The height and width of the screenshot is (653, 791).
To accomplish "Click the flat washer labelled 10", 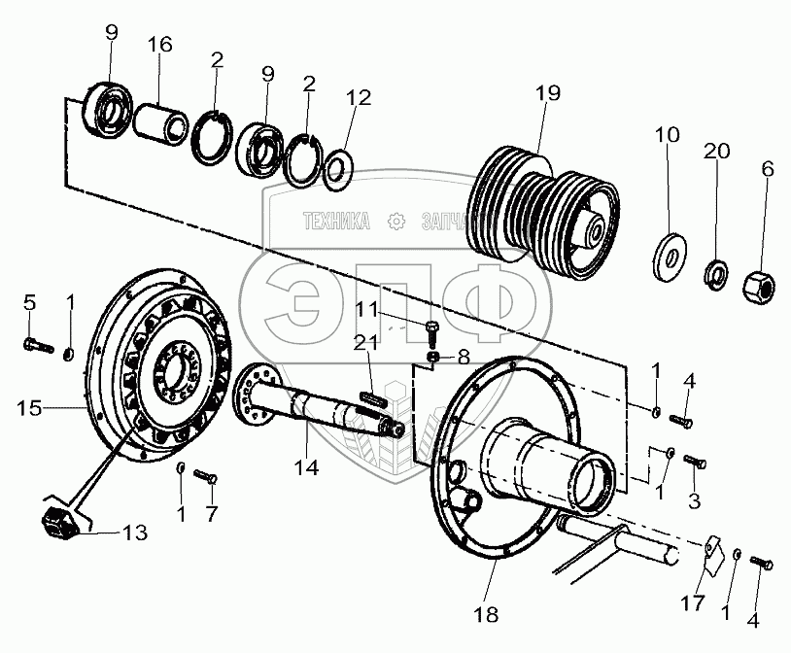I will (x=670, y=254).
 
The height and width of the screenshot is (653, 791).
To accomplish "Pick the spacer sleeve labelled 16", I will (x=163, y=123).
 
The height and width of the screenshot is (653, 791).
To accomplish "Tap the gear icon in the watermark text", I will (x=395, y=222).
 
